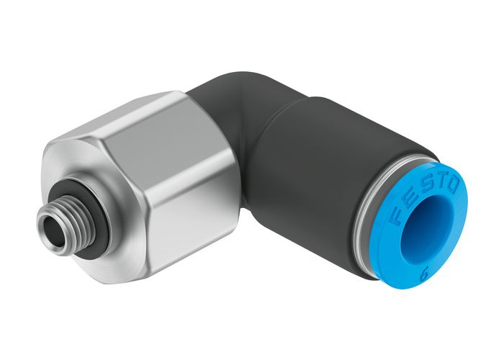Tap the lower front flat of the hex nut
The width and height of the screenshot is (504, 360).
pos(180,230)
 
